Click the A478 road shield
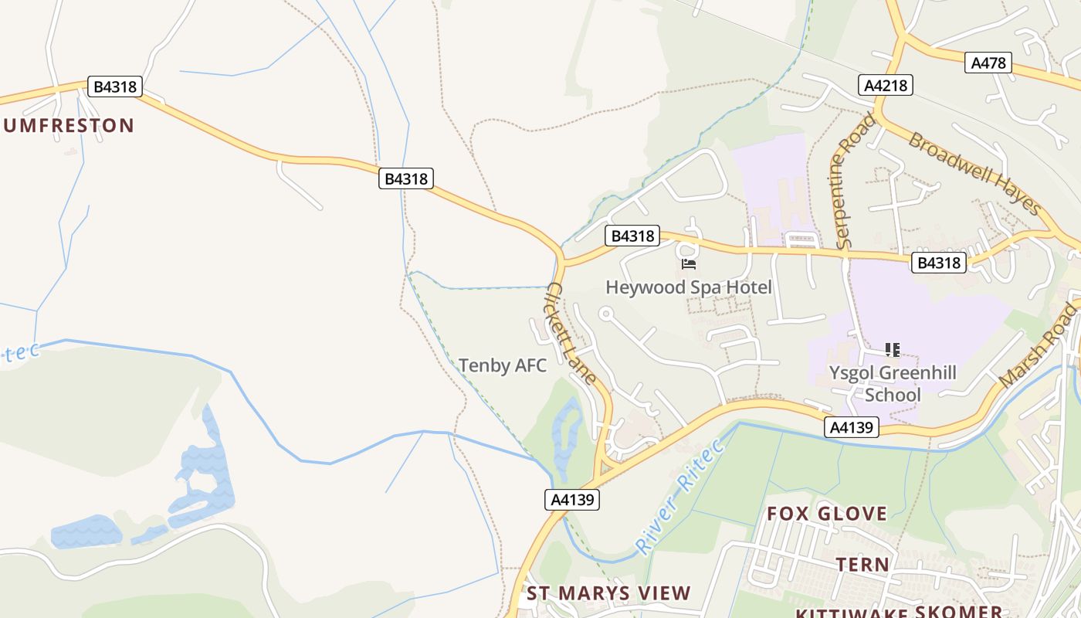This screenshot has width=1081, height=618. click(x=988, y=63)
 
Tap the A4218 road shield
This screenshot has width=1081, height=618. click(x=885, y=85)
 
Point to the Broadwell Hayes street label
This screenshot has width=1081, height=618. click(x=974, y=174)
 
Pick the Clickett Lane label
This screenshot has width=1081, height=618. click(x=571, y=333)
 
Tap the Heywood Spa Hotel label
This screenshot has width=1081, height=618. click(x=688, y=287)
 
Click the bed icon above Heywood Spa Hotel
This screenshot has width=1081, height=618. click(x=688, y=264)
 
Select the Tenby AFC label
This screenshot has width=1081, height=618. click(x=503, y=365)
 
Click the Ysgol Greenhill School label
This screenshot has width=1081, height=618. click(x=893, y=384)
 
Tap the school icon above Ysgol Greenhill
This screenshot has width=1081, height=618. click(x=893, y=350)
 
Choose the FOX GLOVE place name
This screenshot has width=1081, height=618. click(x=827, y=514)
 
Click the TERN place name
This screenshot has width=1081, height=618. click(x=863, y=565)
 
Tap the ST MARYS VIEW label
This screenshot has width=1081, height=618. click(x=608, y=593)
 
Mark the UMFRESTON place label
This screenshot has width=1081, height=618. click(x=68, y=125)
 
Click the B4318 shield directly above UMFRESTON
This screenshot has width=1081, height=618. click(x=115, y=87)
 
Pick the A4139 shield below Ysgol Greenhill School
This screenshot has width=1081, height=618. click(x=852, y=427)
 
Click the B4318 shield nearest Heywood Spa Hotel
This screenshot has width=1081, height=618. click(x=632, y=236)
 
